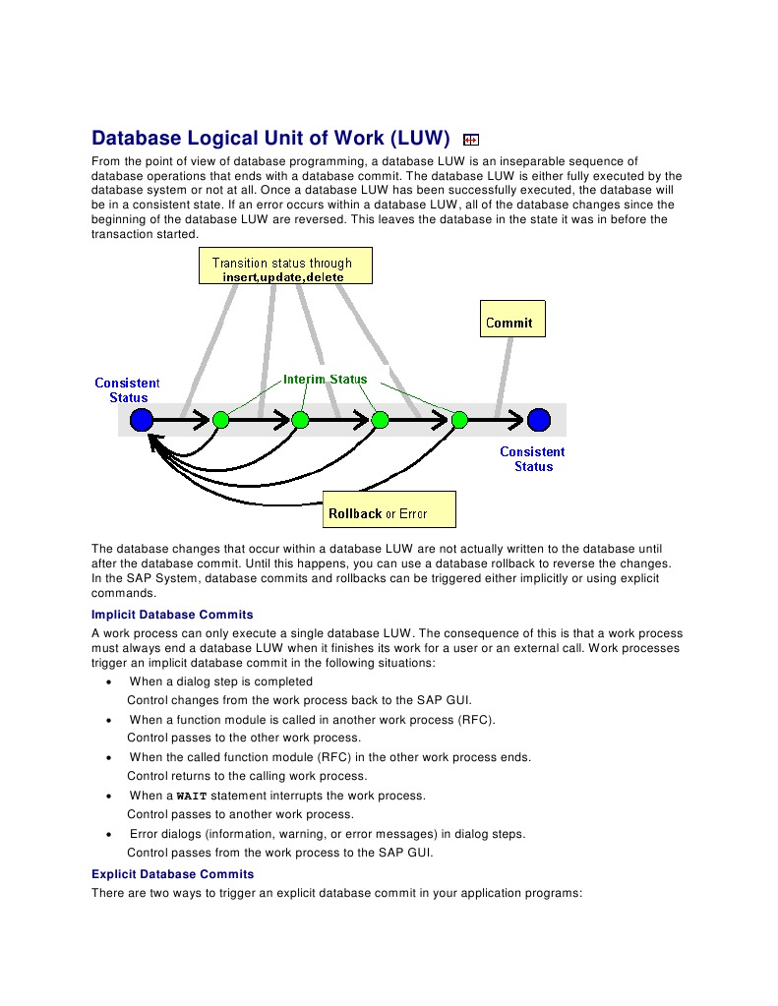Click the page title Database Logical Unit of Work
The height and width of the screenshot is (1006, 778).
coord(270,138)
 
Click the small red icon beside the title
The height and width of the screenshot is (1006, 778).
coord(470,140)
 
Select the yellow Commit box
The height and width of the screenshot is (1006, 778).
coord(511,322)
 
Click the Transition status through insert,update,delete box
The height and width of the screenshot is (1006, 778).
coord(284,267)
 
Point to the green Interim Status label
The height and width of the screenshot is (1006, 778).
coord(325,379)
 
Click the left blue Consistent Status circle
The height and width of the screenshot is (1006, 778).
coord(142,420)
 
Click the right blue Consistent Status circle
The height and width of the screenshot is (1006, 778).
coord(538,420)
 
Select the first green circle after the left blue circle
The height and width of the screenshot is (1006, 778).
coord(221,420)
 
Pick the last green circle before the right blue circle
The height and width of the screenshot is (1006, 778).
coord(458,420)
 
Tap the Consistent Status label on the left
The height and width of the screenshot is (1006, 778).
coord(127,389)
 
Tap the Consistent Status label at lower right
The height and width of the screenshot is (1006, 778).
coord(532,459)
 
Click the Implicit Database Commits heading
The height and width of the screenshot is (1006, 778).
coord(172,615)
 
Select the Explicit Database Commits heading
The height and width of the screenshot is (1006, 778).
coord(172,874)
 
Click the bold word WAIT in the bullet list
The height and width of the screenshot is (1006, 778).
coord(192,797)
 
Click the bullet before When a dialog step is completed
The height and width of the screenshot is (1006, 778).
coord(107,682)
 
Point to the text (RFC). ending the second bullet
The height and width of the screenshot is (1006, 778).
coord(477,720)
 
